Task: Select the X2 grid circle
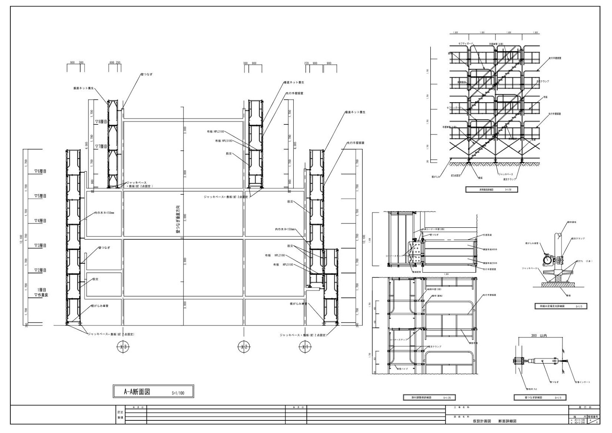coord(243,348)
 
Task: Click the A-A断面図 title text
coord(136,392)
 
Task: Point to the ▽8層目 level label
coord(101,122)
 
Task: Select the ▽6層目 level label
coord(40,171)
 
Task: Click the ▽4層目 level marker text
coord(40,221)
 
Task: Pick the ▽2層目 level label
coord(40,270)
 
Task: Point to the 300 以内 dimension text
coord(539,336)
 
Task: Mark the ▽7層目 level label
coord(101,146)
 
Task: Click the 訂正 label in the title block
coord(120,412)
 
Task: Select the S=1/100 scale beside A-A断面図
coord(178,393)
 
